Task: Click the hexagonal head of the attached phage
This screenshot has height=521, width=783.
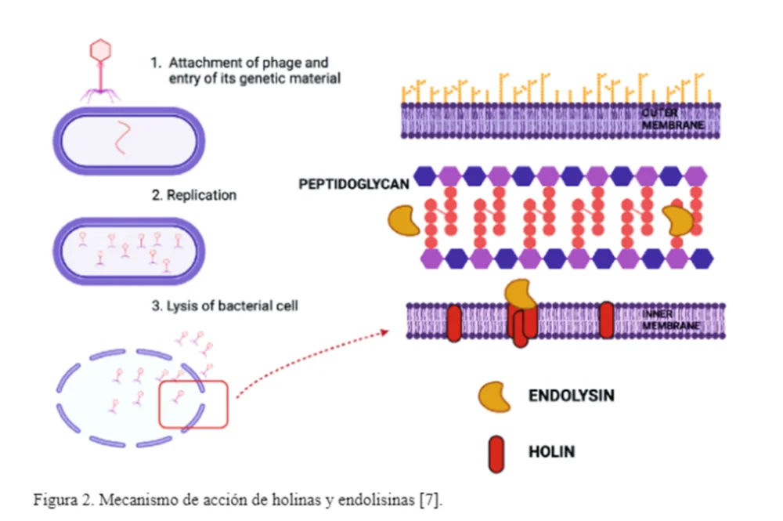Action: pos(100,50)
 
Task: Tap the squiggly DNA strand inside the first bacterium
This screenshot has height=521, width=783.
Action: pos(122,137)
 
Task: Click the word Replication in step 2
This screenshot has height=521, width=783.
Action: pos(201,195)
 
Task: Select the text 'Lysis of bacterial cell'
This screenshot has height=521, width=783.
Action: pos(233,306)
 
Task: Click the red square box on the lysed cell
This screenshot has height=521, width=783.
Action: pos(160,404)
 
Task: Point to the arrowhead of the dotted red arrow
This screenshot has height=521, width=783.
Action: pos(384,332)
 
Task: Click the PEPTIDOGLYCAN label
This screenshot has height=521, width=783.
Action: pos(354,184)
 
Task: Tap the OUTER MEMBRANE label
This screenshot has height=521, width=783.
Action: pos(673,119)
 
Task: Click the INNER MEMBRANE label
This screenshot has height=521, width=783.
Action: pos(671,320)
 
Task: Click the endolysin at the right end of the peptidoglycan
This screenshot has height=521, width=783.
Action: pos(678,220)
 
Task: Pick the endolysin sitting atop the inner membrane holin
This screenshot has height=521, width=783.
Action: pos(521,295)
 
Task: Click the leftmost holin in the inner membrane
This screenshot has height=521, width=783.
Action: pos(454,324)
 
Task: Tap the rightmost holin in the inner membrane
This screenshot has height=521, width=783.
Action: pos(606,320)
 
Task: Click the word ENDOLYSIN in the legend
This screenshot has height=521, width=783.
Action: pos(572,396)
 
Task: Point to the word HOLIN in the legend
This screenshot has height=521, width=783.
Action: pos(552,451)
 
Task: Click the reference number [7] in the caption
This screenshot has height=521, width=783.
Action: pos(431,500)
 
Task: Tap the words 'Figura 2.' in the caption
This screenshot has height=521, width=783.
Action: pos(63,500)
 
